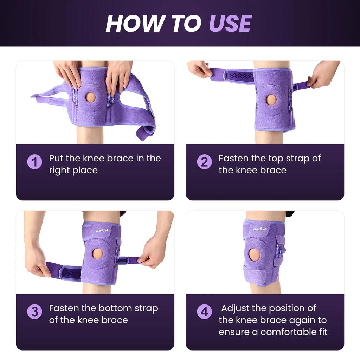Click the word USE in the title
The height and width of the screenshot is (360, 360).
(x=230, y=24)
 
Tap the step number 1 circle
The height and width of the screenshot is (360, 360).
(x=34, y=162)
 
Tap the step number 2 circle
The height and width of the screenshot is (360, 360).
(x=204, y=162)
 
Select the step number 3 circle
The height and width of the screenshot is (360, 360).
(x=34, y=312)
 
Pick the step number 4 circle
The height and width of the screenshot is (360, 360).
(x=204, y=312)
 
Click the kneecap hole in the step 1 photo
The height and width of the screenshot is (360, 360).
(x=91, y=97)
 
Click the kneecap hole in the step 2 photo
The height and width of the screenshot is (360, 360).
(x=271, y=100)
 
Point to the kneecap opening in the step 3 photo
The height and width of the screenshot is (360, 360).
(x=98, y=254)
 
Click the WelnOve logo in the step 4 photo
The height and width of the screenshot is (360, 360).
(x=259, y=229)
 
